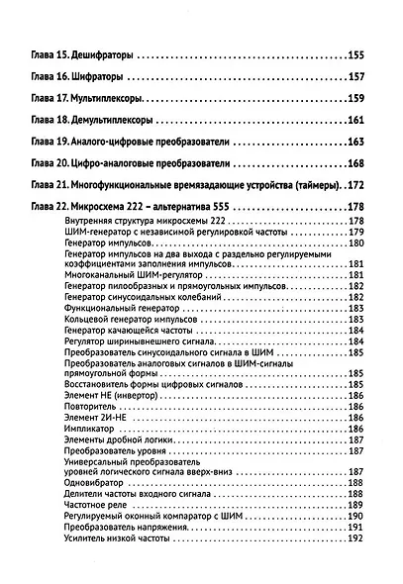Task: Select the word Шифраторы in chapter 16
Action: pos(102,74)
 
